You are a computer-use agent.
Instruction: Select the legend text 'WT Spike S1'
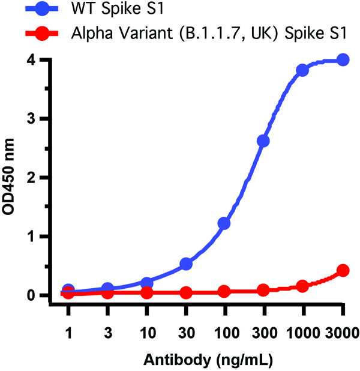(x=113, y=10)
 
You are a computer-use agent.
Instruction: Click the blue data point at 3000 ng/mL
(x=343, y=59)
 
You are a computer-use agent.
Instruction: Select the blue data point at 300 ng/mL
(x=263, y=140)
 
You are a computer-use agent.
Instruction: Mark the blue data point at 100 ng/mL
(x=224, y=223)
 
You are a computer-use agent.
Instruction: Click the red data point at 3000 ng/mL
(x=343, y=271)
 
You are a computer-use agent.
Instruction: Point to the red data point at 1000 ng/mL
(x=302, y=286)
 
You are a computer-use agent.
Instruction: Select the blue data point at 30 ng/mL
(x=186, y=264)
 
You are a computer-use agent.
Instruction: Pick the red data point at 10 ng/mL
(x=146, y=293)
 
